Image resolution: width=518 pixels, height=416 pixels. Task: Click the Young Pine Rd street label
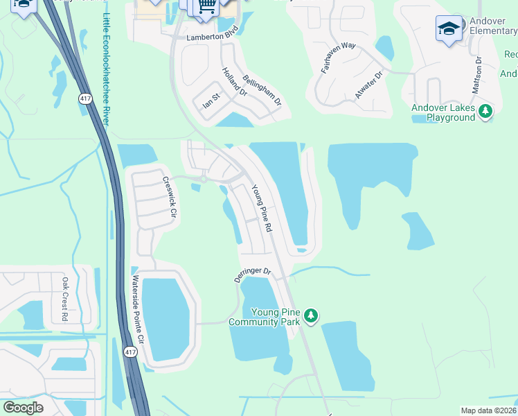pyautogui.click(x=262, y=208)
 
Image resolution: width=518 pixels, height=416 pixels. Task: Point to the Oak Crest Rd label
pyautogui.click(x=65, y=299)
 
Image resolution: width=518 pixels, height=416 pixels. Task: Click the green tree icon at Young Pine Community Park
pyautogui.click(x=312, y=316)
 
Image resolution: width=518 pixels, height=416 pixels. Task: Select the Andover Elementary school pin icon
pyautogui.click(x=449, y=29)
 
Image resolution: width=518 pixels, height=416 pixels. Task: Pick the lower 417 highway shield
pyautogui.click(x=130, y=352)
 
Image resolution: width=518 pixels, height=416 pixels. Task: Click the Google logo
pyautogui.click(x=22, y=408)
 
